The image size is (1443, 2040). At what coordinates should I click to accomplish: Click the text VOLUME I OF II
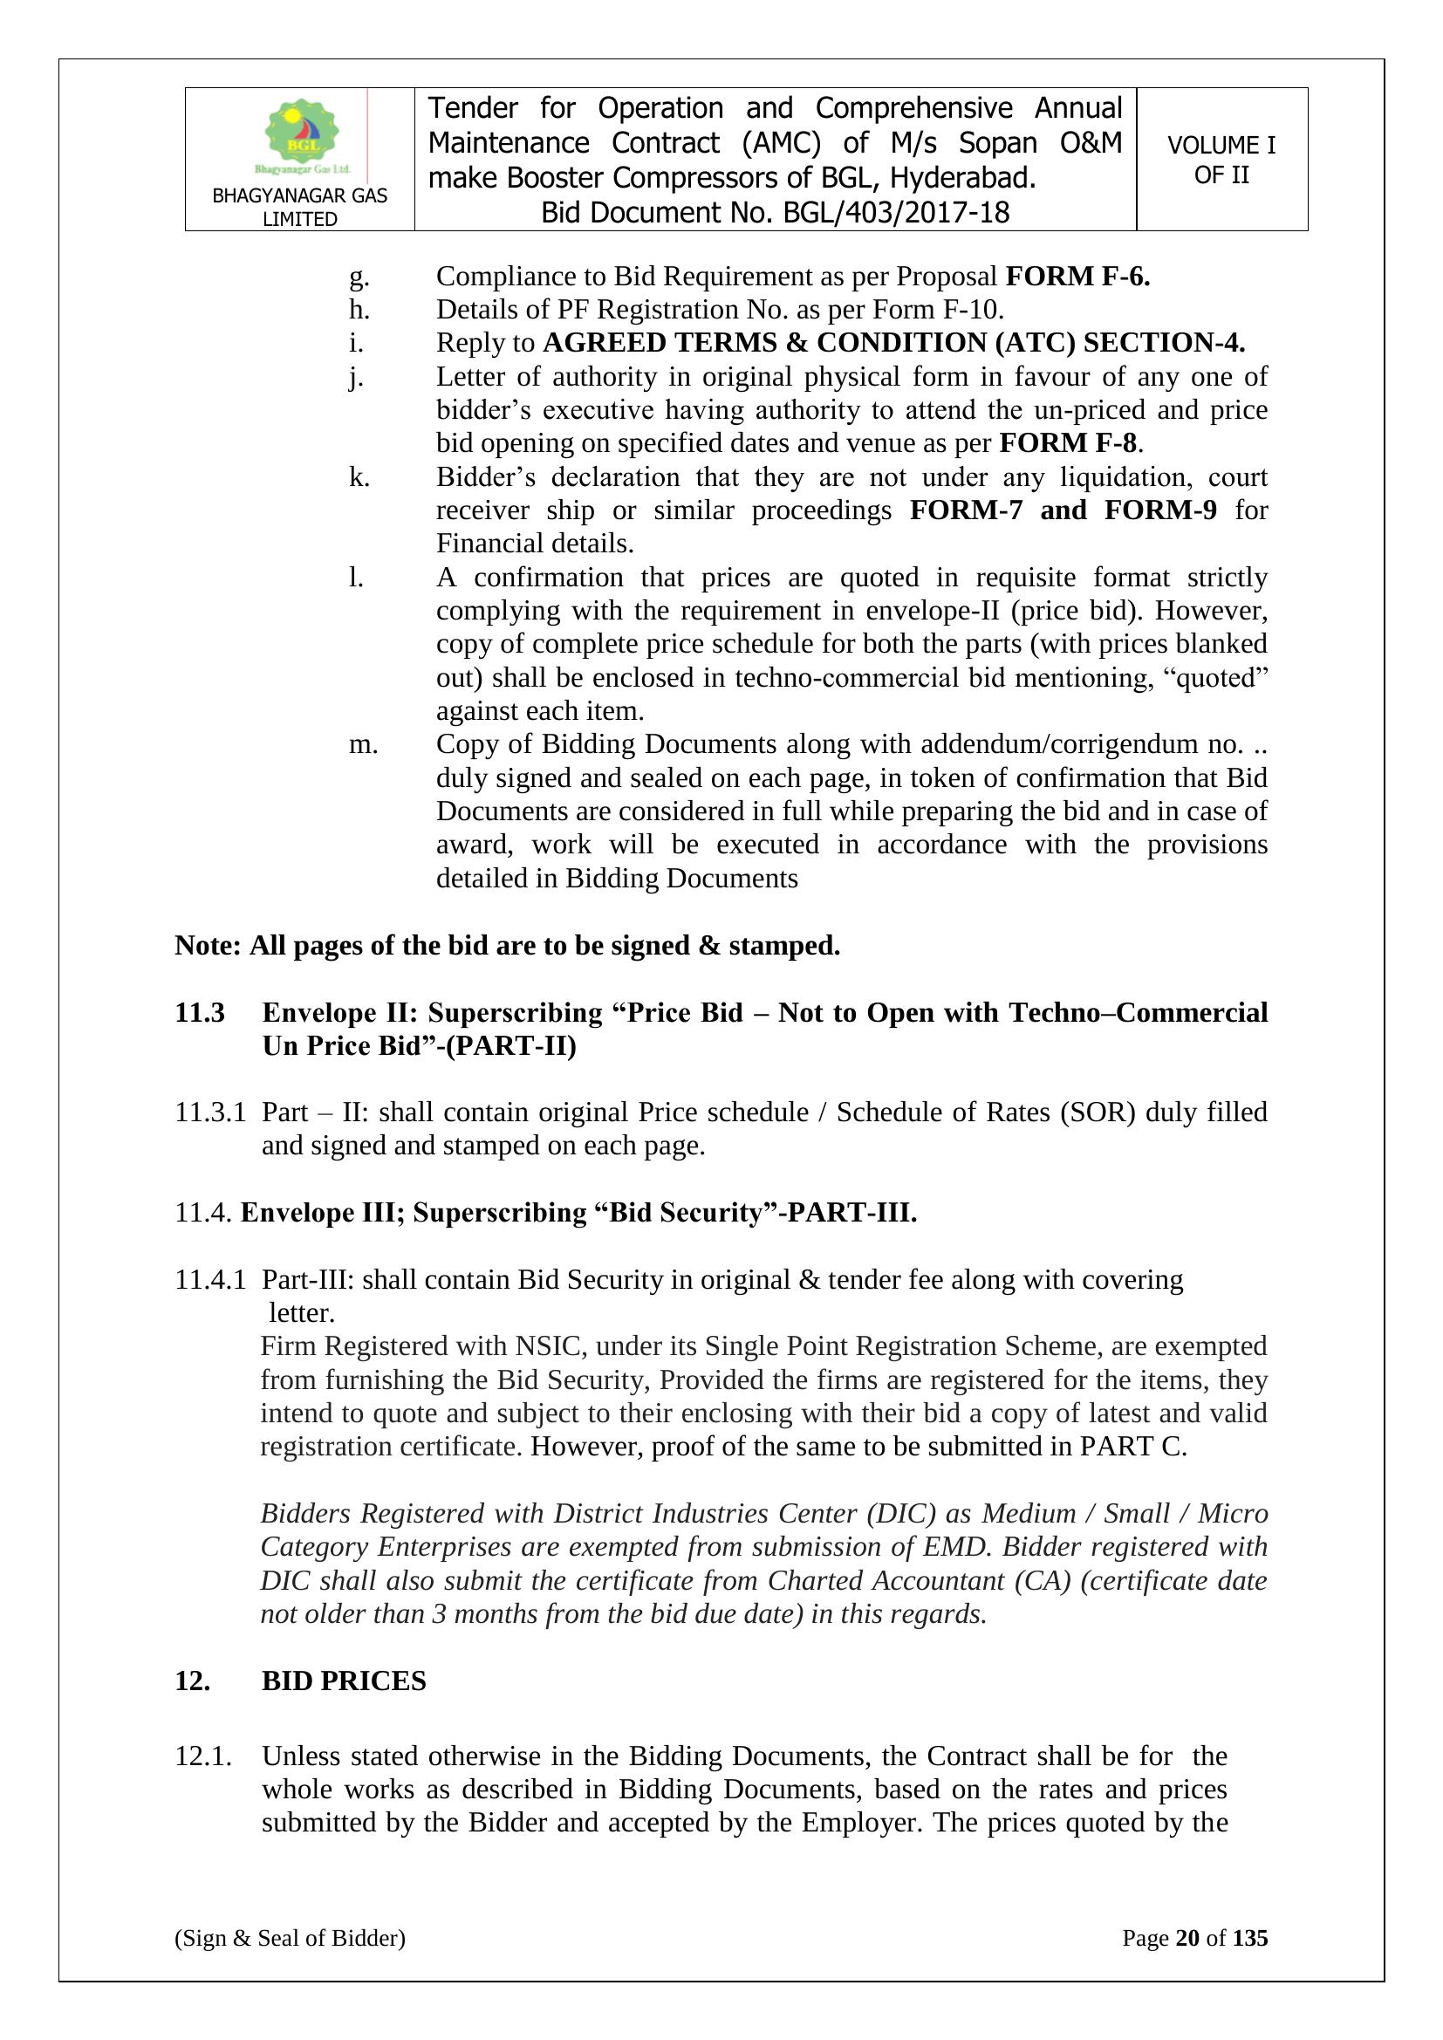click(x=1221, y=160)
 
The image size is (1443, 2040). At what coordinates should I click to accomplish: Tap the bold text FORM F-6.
click(x=1077, y=277)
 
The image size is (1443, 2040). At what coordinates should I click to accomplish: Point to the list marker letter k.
click(x=359, y=477)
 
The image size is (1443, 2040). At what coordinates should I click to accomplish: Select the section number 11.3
click(x=199, y=1012)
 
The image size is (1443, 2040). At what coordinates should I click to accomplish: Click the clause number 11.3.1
click(x=209, y=1112)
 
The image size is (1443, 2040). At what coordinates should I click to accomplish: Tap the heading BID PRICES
click(x=344, y=1681)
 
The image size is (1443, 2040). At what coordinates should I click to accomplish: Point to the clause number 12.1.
click(x=203, y=1756)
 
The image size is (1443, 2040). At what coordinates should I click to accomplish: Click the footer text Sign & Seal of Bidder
click(x=290, y=1961)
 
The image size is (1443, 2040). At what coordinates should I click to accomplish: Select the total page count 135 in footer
click(x=1250, y=1961)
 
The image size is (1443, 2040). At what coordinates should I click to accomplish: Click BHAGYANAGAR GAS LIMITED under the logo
click(x=299, y=207)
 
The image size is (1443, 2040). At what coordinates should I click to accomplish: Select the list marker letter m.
click(x=363, y=743)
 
